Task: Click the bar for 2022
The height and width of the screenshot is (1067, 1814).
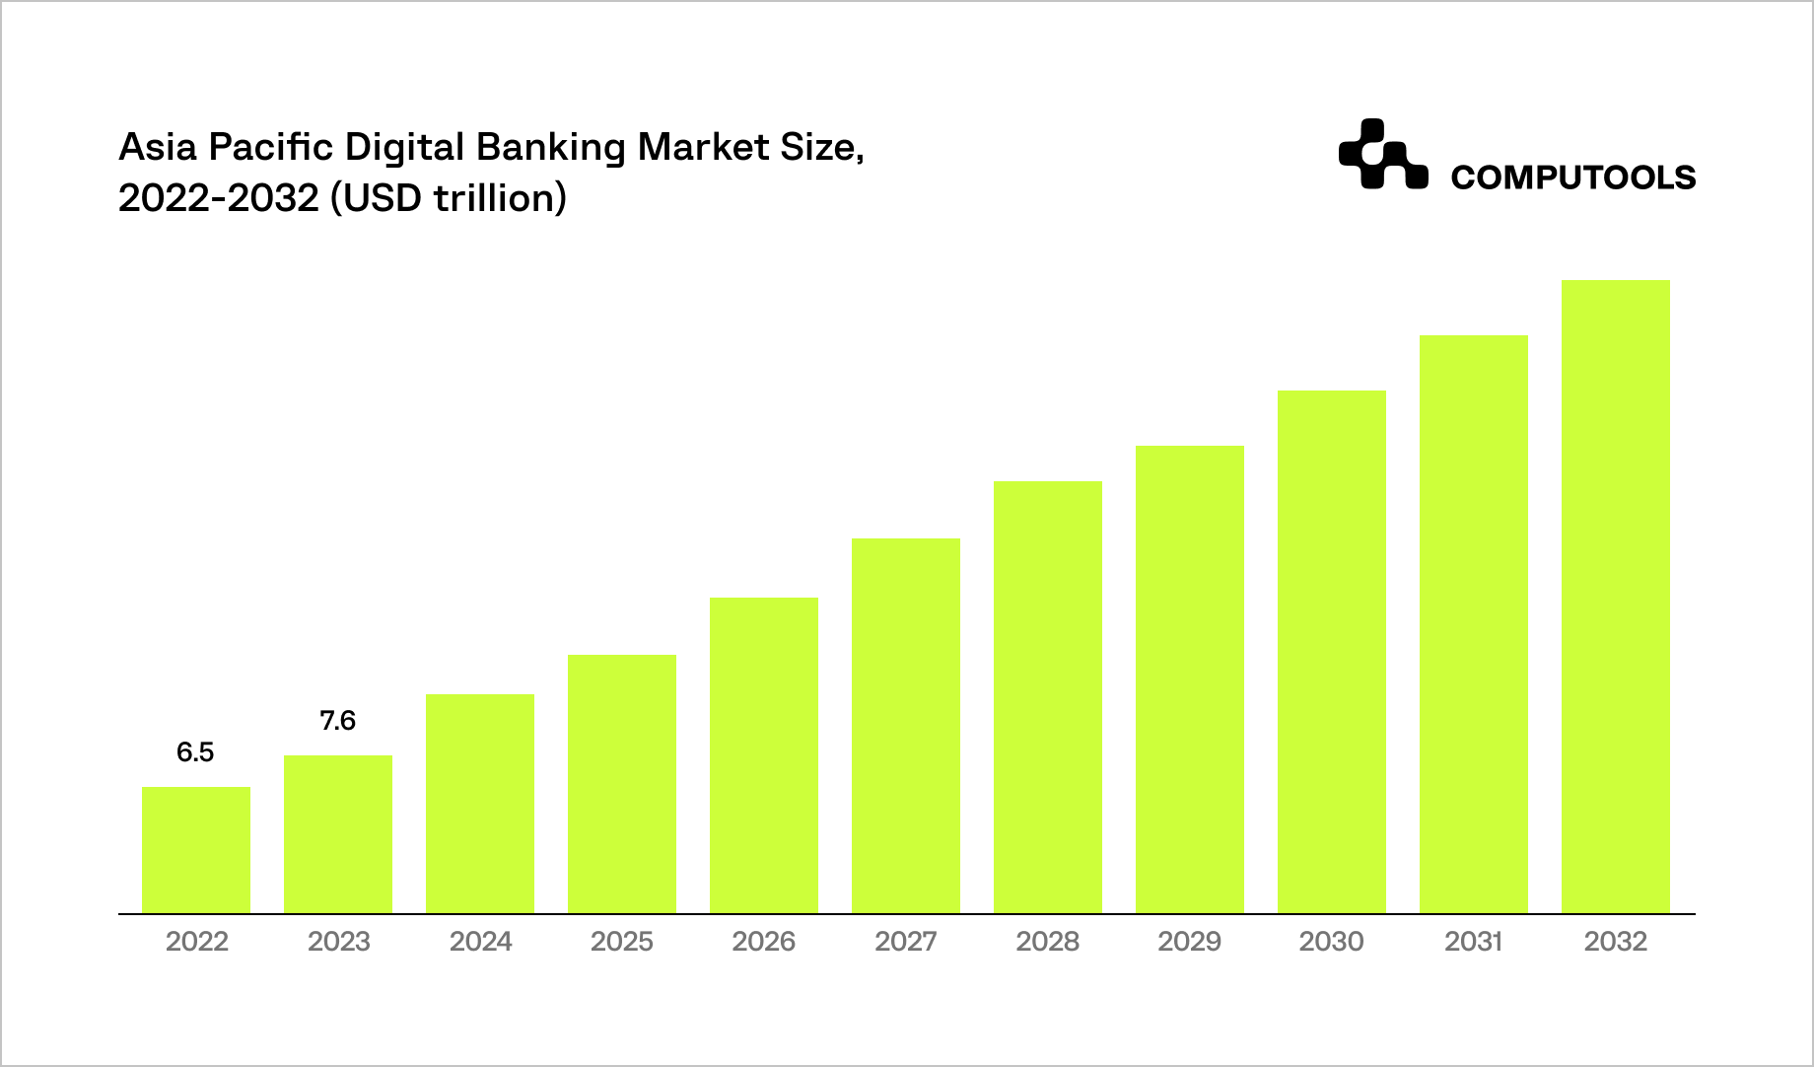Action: pos(196,849)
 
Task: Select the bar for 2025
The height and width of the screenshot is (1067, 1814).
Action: pos(622,783)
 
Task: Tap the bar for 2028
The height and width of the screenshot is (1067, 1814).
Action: pos(1048,696)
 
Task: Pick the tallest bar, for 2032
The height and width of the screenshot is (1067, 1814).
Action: pos(1616,596)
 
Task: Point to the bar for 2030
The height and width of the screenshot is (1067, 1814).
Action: pos(1332,651)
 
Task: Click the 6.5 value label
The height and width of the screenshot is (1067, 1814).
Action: pos(195,753)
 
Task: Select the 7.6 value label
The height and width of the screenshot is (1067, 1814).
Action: pos(337,722)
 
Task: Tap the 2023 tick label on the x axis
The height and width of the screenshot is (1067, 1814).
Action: pos(338,942)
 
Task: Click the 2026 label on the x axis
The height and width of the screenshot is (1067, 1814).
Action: pos(764,942)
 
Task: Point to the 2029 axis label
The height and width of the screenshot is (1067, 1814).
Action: pos(1190,942)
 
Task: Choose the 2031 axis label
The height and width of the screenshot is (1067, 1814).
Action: pos(1474,942)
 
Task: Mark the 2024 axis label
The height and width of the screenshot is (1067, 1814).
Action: pos(480,942)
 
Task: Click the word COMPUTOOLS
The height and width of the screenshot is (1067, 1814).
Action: pos(1573,178)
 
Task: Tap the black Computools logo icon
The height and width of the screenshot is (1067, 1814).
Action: pos(1382,154)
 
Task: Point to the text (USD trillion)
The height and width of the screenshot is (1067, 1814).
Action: pos(449,199)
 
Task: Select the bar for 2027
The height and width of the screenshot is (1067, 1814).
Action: pos(906,725)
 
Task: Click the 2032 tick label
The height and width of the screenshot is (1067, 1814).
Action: pos(1616,942)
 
